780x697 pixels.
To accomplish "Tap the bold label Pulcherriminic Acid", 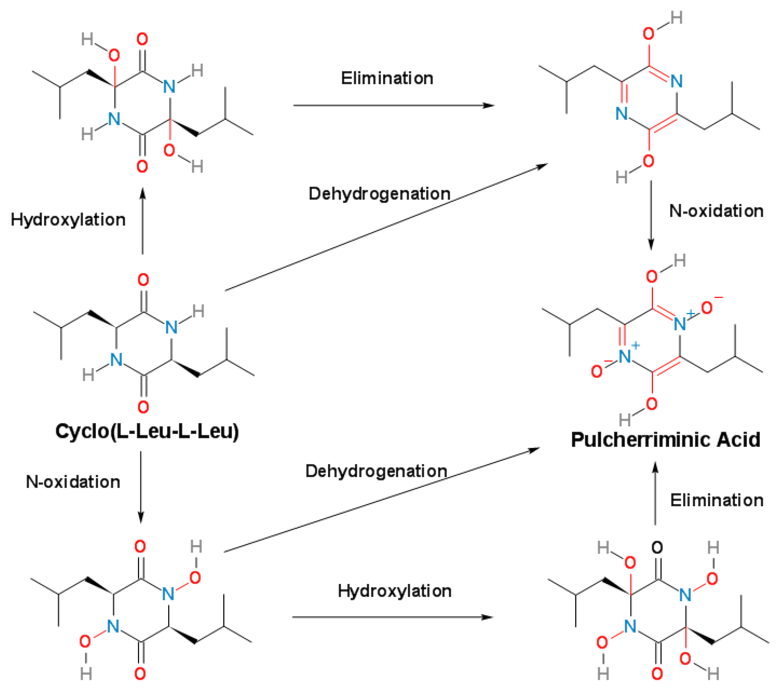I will pyautogui.click(x=665, y=440).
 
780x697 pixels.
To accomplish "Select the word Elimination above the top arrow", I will pyautogui.click(x=387, y=78).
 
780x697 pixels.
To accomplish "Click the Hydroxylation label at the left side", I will pyautogui.click(x=68, y=220).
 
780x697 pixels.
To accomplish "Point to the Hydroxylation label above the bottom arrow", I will pyautogui.click(x=394, y=591).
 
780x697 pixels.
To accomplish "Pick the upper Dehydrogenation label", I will pyautogui.click(x=379, y=194).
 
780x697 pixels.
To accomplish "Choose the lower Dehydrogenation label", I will pyautogui.click(x=376, y=471).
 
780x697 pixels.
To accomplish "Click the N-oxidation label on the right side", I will pyautogui.click(x=716, y=211).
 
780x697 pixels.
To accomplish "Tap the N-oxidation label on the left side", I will pyautogui.click(x=73, y=482).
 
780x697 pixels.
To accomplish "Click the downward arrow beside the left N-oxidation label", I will pyautogui.click(x=141, y=487).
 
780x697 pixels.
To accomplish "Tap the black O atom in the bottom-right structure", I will pyautogui.click(x=657, y=548).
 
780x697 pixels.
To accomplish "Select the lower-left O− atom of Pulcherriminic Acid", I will pyautogui.click(x=597, y=371).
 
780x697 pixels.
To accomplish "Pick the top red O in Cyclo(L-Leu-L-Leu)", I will pyautogui.click(x=143, y=280).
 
